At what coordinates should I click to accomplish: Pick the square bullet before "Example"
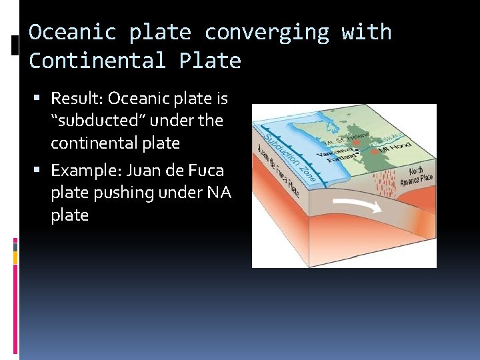pyautogui.click(x=42, y=171)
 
